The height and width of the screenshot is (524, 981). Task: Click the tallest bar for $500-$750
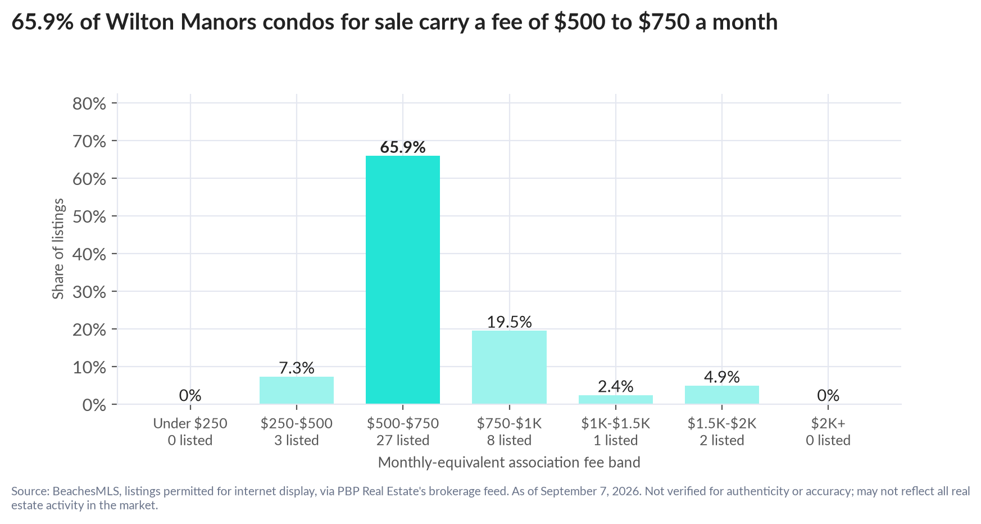tap(403, 279)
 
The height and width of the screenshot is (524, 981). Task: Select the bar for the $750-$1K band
tap(509, 367)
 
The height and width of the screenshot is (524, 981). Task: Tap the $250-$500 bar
tap(297, 390)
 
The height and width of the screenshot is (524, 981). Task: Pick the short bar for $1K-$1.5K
tap(616, 399)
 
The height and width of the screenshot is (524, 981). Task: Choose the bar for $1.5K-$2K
tap(722, 395)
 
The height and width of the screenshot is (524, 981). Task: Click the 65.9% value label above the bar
tap(403, 147)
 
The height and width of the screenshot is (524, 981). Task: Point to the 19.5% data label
tap(509, 322)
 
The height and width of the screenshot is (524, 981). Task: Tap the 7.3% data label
tap(297, 368)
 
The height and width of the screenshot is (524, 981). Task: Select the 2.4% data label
tap(616, 387)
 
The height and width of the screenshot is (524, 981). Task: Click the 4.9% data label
tap(722, 377)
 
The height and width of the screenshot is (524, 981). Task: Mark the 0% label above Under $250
tap(190, 396)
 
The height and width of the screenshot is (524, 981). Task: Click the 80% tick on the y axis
tap(89, 103)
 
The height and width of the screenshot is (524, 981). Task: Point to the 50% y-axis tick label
tap(89, 216)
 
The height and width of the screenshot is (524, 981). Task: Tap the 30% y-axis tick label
tap(89, 292)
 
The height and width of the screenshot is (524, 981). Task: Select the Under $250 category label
tap(190, 423)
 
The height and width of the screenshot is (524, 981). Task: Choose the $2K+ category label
tap(828, 423)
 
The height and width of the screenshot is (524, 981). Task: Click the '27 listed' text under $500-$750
tap(403, 440)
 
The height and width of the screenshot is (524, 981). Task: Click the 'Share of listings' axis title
tap(58, 249)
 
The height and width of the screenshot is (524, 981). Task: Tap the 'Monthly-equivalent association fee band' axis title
tap(509, 463)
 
